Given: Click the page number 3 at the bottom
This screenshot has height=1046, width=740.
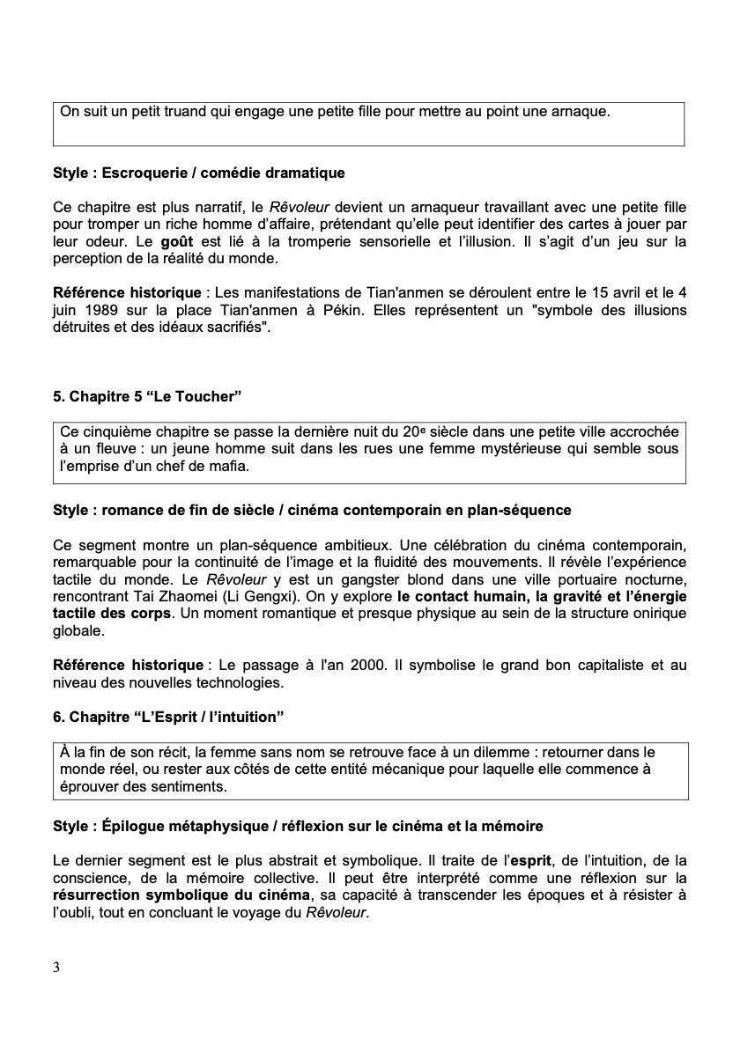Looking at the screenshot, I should point(56,968).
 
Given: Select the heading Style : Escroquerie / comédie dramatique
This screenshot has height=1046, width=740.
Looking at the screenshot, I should point(199,173).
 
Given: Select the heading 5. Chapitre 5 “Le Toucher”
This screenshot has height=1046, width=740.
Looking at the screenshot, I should point(147,396).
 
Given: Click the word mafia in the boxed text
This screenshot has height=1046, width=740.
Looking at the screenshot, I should point(229,467).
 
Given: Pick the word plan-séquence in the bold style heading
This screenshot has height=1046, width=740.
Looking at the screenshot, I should point(527,510).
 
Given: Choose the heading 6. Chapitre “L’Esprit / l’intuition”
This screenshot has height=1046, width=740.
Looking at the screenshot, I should point(168,717).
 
